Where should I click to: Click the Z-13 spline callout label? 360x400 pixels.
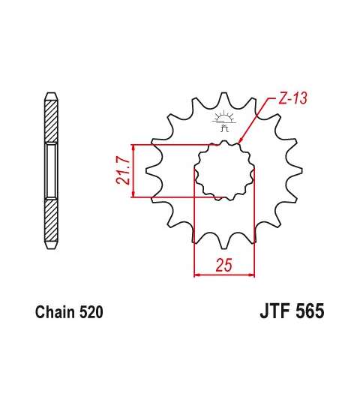(292, 98)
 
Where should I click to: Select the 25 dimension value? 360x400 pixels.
(224, 265)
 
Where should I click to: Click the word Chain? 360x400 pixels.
(55, 312)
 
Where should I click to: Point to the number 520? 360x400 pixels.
(91, 312)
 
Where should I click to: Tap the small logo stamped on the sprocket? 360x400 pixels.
(223, 121)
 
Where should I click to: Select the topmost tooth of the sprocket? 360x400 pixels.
(224, 98)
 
